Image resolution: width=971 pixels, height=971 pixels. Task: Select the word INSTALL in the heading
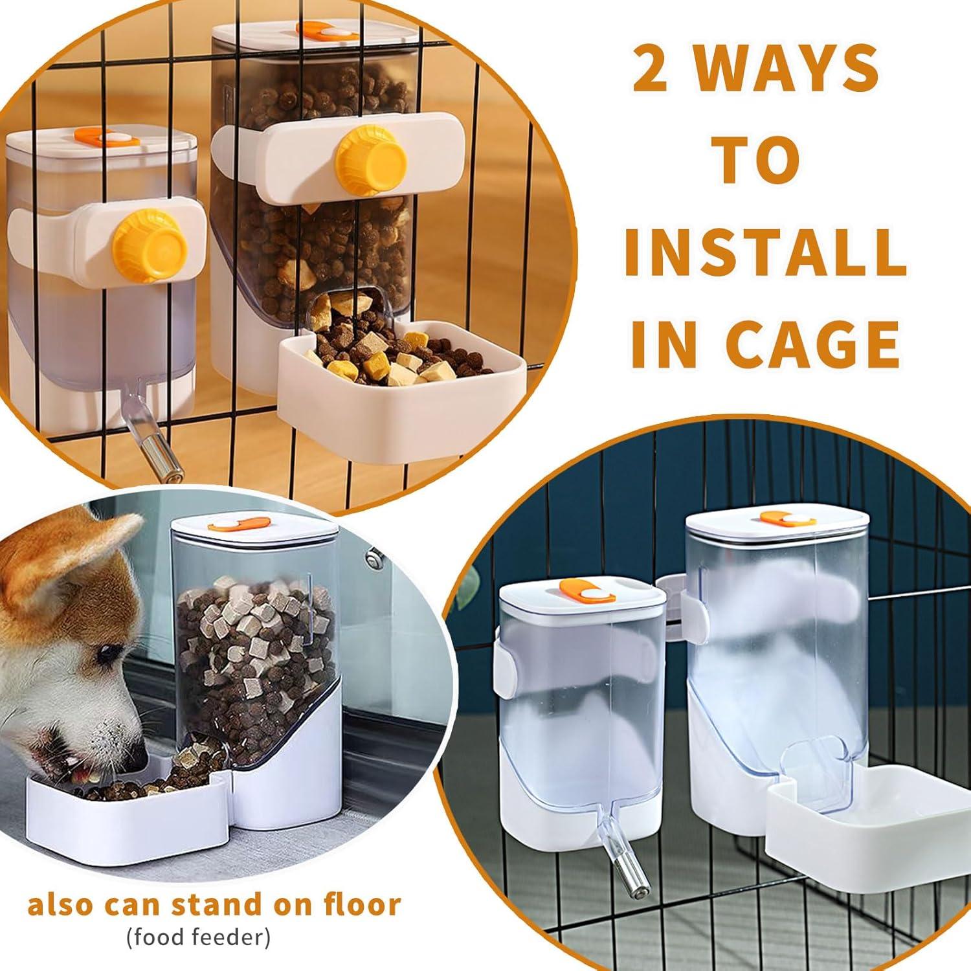[765, 250]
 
